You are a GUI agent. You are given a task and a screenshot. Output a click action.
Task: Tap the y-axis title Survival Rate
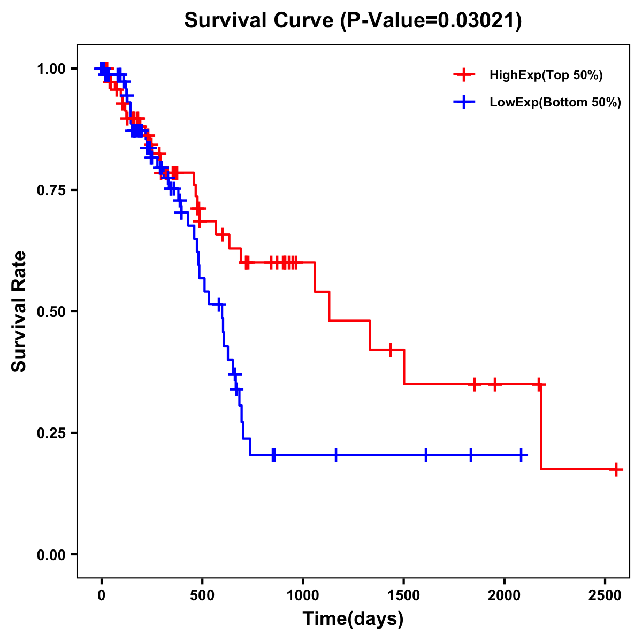point(19,311)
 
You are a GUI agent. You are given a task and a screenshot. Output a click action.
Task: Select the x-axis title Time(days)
point(353,618)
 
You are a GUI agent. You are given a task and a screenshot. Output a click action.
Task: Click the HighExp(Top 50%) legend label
point(546,75)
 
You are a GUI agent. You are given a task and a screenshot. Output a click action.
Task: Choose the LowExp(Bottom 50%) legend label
point(555,103)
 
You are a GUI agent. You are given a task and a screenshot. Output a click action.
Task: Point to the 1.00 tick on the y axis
point(51,69)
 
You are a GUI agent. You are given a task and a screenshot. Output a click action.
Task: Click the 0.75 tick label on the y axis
point(51,190)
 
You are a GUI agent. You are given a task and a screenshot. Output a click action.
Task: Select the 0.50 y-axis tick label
point(51,311)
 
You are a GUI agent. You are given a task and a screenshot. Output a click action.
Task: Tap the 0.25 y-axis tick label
point(51,433)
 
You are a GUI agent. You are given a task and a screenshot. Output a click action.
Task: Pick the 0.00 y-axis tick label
point(51,554)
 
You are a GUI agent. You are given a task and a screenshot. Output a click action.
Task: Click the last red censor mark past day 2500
point(616,469)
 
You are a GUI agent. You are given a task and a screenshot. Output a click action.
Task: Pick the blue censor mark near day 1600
point(426,455)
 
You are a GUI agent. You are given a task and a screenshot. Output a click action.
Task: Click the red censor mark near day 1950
point(495,384)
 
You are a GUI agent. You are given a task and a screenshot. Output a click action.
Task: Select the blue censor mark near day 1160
point(336,455)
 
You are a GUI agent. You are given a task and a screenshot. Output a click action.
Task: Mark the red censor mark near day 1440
point(391,350)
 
